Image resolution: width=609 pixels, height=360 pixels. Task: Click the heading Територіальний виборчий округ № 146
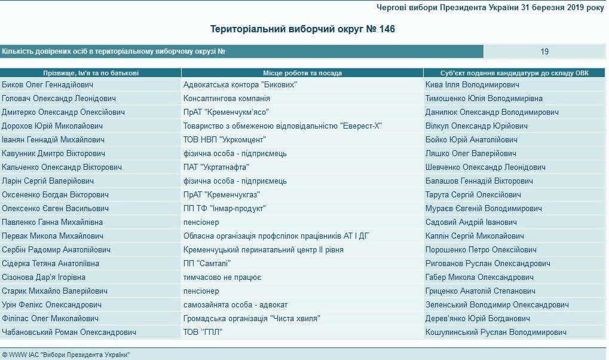pos(302,29)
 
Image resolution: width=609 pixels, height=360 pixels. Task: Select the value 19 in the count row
pos(544,51)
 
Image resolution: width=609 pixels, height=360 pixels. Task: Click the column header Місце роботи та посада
pos(302,73)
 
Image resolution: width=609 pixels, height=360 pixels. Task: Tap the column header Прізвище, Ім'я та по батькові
pos(91,73)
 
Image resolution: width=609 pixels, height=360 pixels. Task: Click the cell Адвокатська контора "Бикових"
pos(240,85)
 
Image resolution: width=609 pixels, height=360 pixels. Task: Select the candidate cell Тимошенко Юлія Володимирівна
pos(484,98)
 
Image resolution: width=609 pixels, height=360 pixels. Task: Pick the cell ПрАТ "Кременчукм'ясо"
pos(226,112)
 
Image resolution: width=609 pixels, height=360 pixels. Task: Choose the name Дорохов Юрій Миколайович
pos(53,126)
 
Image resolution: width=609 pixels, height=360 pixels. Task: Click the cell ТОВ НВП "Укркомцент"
pos(225,139)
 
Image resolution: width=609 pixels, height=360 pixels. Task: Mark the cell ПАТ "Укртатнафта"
pos(216,167)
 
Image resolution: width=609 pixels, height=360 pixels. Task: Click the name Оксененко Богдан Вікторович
pos(56,194)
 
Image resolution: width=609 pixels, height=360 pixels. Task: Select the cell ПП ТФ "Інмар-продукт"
pos(224,208)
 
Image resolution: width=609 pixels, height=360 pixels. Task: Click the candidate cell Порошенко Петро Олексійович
pos(481,249)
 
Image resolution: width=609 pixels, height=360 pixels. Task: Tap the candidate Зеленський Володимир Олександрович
pos(497,304)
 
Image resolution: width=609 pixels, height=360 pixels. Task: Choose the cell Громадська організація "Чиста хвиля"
pos(252,318)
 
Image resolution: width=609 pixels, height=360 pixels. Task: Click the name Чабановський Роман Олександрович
pos(69,332)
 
